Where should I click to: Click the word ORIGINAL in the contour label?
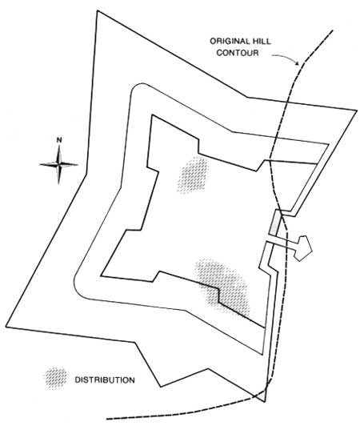pos(230,42)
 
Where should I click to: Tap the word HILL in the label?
pos(262,42)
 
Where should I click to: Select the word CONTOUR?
pos(238,52)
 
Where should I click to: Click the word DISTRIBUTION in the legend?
pos(105,380)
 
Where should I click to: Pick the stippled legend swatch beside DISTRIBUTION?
pos(56,379)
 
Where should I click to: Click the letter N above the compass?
pos(59,140)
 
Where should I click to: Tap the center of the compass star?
pos(59,164)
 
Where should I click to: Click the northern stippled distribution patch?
pos(193,175)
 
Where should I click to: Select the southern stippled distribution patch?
pos(223,288)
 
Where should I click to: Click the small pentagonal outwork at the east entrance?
pos(303,248)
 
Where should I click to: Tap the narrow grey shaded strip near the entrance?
pos(274,223)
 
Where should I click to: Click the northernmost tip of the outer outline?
pos(98,11)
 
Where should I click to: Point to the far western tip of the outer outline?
pos(6,327)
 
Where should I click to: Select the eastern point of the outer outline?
pos(357,111)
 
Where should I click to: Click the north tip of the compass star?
pos(59,145)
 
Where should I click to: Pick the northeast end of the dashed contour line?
pos(333,30)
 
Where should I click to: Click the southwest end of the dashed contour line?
pos(106,419)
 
